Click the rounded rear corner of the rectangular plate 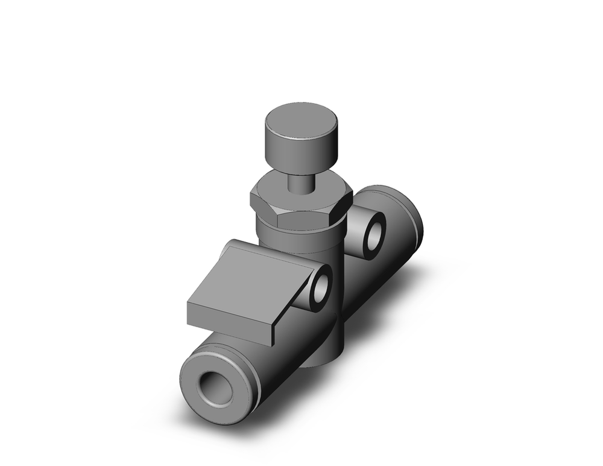pyautogui.click(x=230, y=244)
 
